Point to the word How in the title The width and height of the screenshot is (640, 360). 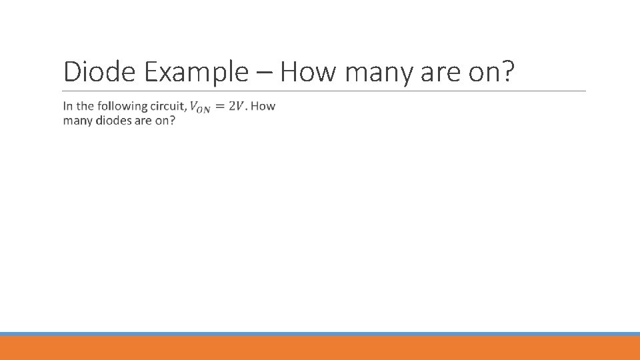click(x=307, y=72)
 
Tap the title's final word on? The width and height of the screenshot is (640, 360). click(x=492, y=72)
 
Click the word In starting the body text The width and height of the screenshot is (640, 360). click(x=68, y=106)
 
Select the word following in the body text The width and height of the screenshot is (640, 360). click(x=122, y=107)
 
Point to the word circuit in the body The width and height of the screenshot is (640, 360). click(x=168, y=106)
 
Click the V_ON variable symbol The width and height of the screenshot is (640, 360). click(x=199, y=107)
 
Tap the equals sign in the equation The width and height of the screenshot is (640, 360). click(x=220, y=107)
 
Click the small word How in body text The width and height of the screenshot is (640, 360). click(x=264, y=106)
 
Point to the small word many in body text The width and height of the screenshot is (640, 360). click(x=77, y=121)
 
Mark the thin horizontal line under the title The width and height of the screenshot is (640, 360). click(x=324, y=91)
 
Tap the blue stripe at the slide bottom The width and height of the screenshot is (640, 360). click(x=320, y=334)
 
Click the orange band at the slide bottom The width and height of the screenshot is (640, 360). click(x=320, y=348)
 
